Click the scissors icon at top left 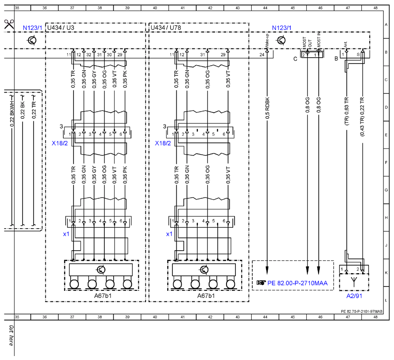(9, 24)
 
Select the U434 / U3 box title (60, 28)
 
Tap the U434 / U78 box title (166, 28)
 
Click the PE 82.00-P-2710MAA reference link (297, 283)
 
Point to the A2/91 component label (354, 296)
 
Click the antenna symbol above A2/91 (354, 282)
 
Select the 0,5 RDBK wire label (267, 108)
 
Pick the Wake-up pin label (267, 41)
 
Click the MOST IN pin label (319, 40)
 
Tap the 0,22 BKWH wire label (12, 112)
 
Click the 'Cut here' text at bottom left (11, 335)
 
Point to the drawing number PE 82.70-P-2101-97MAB (361, 312)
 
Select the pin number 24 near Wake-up (262, 55)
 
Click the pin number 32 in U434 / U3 (89, 55)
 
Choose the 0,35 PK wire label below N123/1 (125, 79)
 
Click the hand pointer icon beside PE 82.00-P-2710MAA (261, 283)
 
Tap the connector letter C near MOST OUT (295, 59)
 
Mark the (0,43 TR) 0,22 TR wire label (362, 117)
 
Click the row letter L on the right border (386, 300)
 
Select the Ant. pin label (346, 45)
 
